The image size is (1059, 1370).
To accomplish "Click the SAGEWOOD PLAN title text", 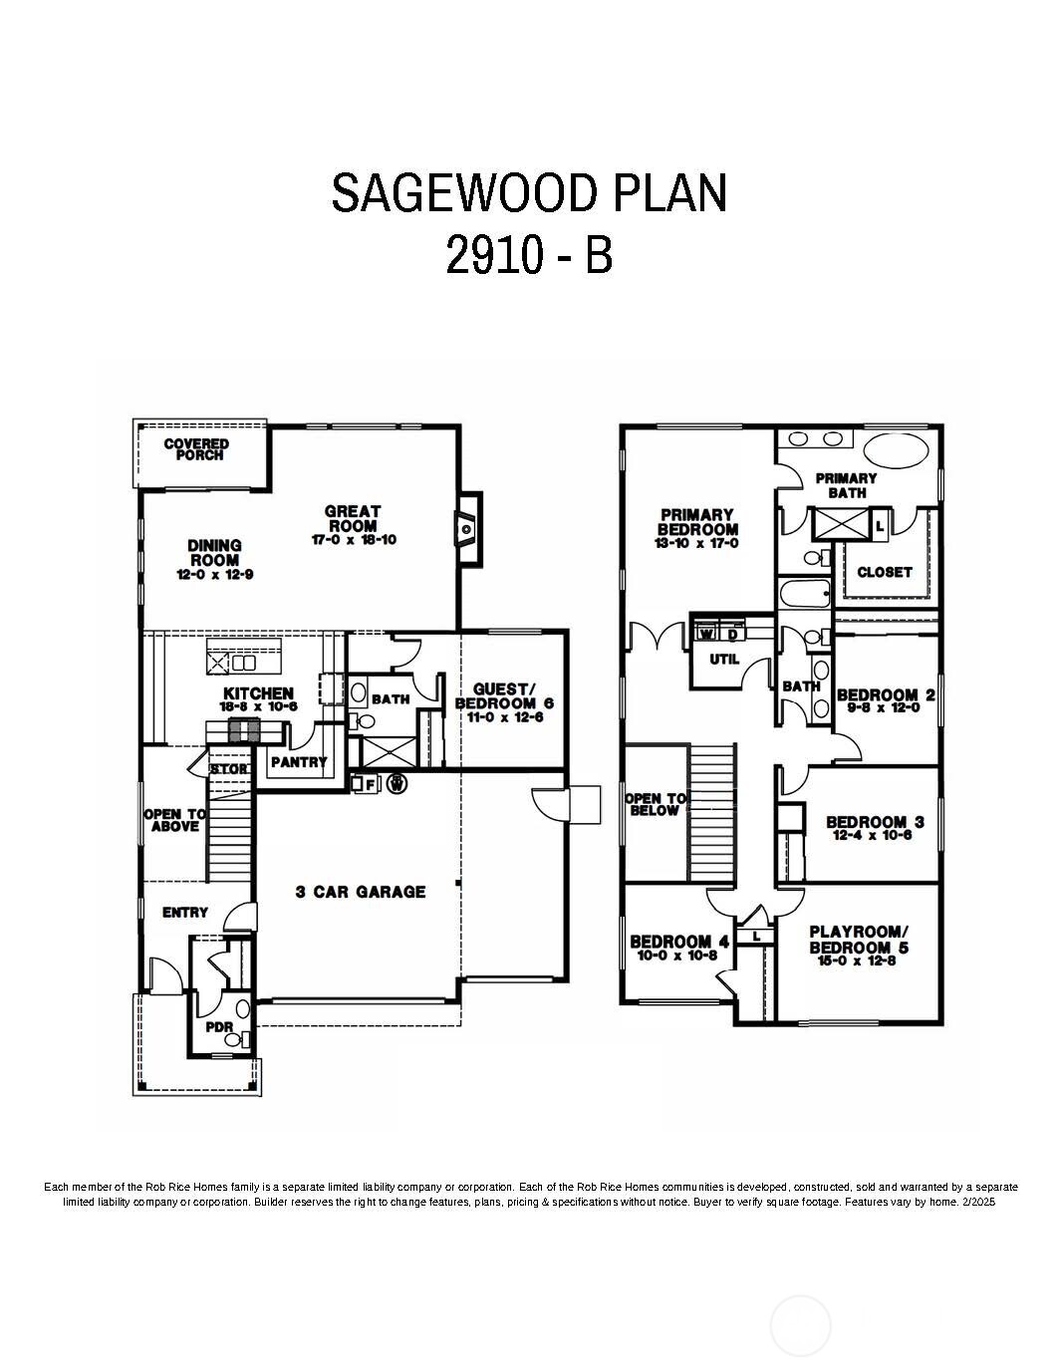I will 529,192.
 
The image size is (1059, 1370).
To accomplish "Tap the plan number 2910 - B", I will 529,255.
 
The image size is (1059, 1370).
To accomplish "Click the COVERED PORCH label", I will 196,449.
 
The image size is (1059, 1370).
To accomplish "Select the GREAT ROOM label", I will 352,518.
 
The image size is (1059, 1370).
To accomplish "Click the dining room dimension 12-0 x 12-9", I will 214,575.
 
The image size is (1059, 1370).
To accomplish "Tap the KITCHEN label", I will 258,693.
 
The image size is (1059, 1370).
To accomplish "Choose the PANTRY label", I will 299,762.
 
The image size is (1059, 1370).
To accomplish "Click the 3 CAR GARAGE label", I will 361,892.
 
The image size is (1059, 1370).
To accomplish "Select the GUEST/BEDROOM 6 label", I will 504,695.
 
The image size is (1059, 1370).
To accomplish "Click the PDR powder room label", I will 218,1027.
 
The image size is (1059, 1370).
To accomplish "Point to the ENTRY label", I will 185,912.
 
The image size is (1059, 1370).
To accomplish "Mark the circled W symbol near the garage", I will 397,784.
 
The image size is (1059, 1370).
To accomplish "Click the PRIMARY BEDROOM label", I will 698,522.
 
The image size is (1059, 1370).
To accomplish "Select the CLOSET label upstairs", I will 884,572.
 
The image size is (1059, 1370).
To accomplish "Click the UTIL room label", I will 723,659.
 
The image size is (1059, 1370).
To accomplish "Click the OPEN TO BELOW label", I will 655,804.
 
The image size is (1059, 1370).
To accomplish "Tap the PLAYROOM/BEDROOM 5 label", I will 859,940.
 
